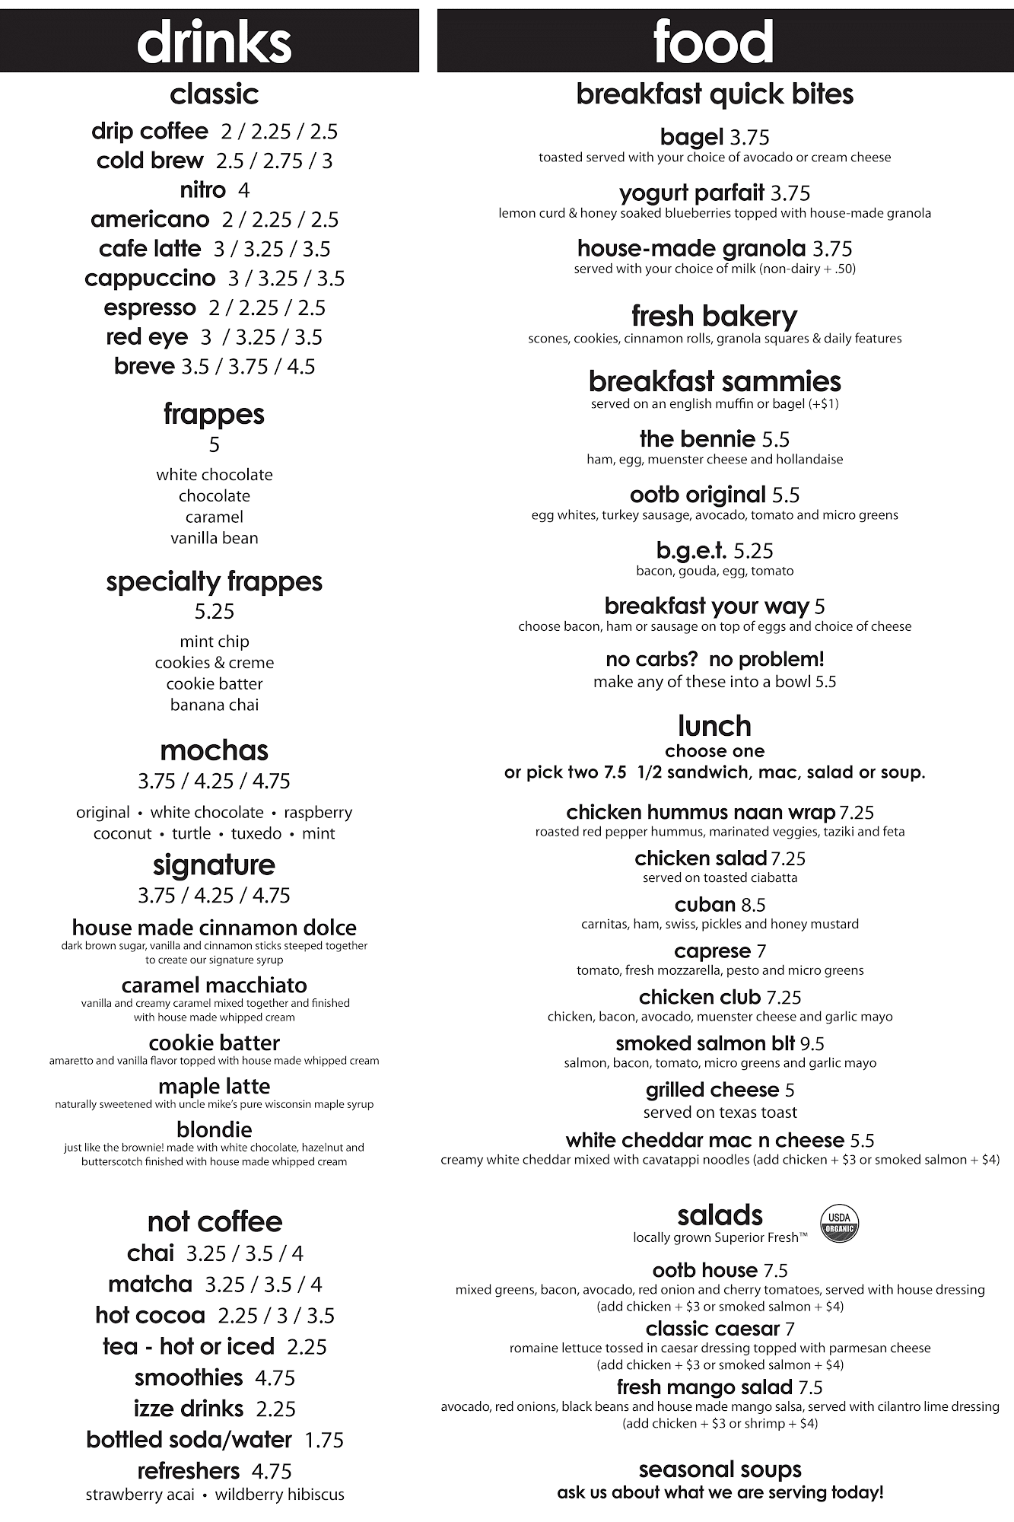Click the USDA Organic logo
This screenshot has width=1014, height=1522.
[839, 1224]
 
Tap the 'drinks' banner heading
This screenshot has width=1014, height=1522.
[214, 42]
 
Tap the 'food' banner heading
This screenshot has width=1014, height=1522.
[714, 42]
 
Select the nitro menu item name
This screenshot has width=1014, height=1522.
[202, 189]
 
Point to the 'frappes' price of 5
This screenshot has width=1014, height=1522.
[215, 444]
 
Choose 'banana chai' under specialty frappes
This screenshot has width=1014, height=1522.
[215, 705]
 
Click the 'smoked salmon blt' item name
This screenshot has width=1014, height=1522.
[705, 1043]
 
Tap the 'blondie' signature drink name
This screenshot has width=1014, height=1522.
[215, 1129]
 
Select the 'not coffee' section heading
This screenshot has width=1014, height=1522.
[215, 1221]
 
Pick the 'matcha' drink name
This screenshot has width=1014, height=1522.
[150, 1285]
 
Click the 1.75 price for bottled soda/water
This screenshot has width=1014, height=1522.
[324, 1440]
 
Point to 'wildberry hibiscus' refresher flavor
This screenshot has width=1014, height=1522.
[279, 1495]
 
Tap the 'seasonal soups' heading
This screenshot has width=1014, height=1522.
[720, 1469]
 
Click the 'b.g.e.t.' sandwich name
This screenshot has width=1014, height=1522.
[691, 550]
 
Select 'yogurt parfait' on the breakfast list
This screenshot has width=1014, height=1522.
[691, 193]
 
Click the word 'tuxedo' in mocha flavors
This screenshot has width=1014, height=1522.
[256, 833]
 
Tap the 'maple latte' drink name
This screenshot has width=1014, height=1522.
[215, 1086]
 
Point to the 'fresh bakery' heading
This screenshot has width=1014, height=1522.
[714, 316]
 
